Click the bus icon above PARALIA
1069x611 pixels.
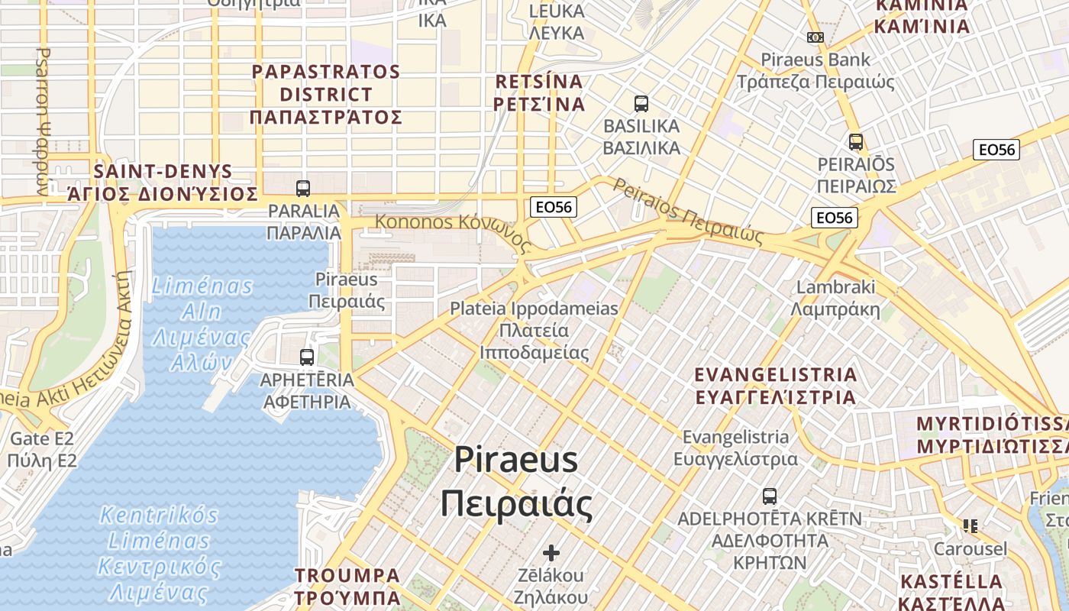point(303,188)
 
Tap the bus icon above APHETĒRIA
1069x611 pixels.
point(307,357)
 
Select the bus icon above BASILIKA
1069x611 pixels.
point(641,103)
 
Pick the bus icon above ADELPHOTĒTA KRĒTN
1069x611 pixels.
point(770,496)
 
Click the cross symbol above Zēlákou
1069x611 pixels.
point(551,552)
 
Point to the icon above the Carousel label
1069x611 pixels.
point(970,525)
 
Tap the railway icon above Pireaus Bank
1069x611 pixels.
point(815,37)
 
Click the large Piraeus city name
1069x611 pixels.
point(516,481)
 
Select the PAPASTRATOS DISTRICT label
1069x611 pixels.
point(326,95)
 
